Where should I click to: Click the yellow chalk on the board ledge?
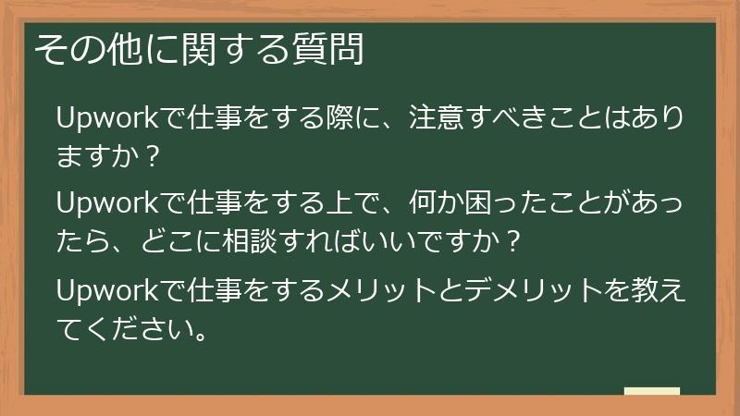pyautogui.click(x=651, y=392)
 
